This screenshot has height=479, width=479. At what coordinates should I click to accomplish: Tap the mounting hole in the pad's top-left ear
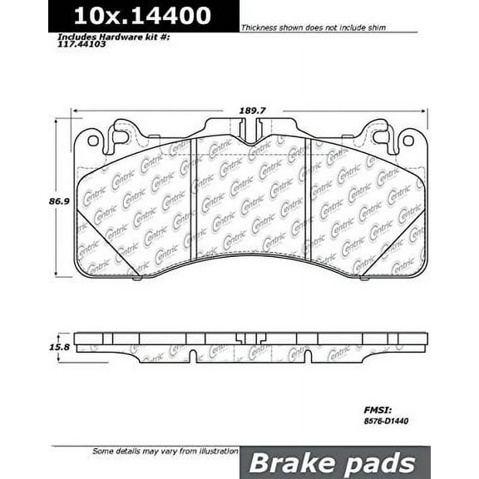pos(92,141)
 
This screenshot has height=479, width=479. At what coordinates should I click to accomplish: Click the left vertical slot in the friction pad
pos(193,195)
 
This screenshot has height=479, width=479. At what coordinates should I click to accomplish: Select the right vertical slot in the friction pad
pos(305,195)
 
